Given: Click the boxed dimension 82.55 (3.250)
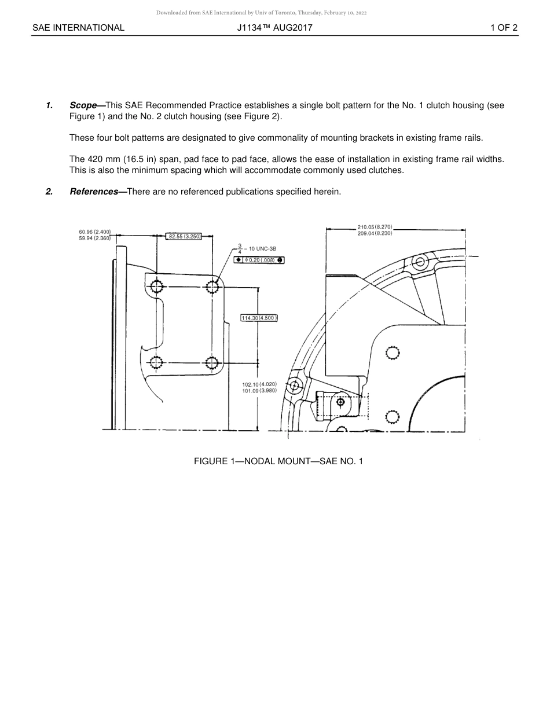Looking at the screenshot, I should coord(184,236).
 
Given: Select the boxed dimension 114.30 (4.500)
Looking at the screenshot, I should coord(259,317).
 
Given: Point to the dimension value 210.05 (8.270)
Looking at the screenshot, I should coord(375,227).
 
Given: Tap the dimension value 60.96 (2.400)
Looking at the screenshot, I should coord(95,232).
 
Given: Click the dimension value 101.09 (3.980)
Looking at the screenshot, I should coord(259,391).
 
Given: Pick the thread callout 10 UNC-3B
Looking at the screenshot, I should coord(262,248).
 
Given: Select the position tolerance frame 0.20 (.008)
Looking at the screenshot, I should coord(259,260).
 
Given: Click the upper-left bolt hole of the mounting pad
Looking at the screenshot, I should coord(156,286).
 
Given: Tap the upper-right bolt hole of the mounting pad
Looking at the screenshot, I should coord(212,286).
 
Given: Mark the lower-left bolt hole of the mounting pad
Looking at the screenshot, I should coord(156,363).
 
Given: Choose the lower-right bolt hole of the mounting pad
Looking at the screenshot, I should coord(212,363).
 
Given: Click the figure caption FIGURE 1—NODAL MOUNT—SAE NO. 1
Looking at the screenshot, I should coord(278,461).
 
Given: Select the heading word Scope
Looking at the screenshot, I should coord(83,105).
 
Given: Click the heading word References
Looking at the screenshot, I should coord(93,192).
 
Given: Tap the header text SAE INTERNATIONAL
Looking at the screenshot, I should coord(78,27).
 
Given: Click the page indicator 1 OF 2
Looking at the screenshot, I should coord(503,27).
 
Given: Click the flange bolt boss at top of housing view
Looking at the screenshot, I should coord(420,262).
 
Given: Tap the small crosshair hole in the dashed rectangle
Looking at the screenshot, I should coord(340,402).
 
